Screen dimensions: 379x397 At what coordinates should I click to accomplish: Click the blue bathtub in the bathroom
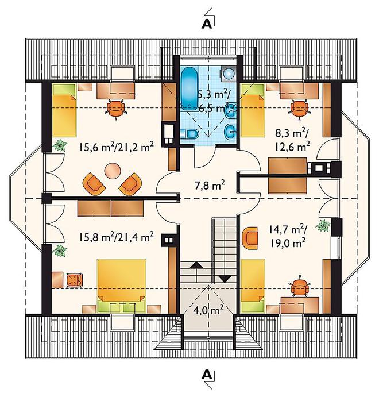tap(189, 88)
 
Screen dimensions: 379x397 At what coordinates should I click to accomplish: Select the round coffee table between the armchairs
tap(113, 171)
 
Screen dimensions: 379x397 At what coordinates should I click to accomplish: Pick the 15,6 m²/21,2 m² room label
tap(117, 147)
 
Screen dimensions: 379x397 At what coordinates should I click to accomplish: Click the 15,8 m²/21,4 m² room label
tap(117, 237)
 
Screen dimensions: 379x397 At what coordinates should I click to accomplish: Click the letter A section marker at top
tap(207, 24)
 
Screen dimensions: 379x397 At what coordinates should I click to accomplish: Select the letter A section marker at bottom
tap(207, 374)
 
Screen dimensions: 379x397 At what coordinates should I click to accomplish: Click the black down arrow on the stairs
tap(225, 279)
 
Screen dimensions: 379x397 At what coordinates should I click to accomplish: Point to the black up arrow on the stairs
tap(197, 265)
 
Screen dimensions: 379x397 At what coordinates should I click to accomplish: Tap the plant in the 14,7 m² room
tap(323, 225)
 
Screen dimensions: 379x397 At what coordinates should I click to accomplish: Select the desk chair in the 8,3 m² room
tap(300, 109)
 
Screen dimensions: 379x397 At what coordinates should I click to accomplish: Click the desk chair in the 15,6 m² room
tap(116, 109)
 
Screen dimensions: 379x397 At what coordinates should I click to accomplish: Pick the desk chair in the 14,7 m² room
tap(300, 287)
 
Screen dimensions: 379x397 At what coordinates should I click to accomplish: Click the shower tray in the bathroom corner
tap(229, 74)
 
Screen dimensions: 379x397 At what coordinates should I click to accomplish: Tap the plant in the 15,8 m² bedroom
tap(60, 250)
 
